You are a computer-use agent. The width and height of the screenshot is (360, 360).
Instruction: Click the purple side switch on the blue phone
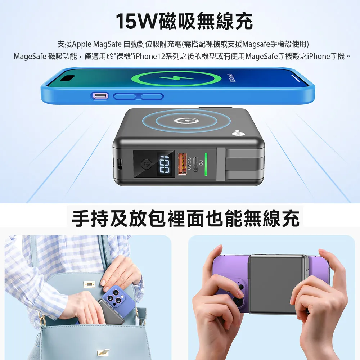[99, 96]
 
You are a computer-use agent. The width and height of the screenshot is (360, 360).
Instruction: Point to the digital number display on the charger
[165, 164]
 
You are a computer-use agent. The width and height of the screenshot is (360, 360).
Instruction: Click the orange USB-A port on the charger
[183, 164]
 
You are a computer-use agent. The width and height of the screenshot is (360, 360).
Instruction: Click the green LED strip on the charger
[206, 164]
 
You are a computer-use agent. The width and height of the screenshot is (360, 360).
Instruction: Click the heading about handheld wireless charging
[185, 219]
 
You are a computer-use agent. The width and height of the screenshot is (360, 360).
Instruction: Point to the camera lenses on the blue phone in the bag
[114, 297]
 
